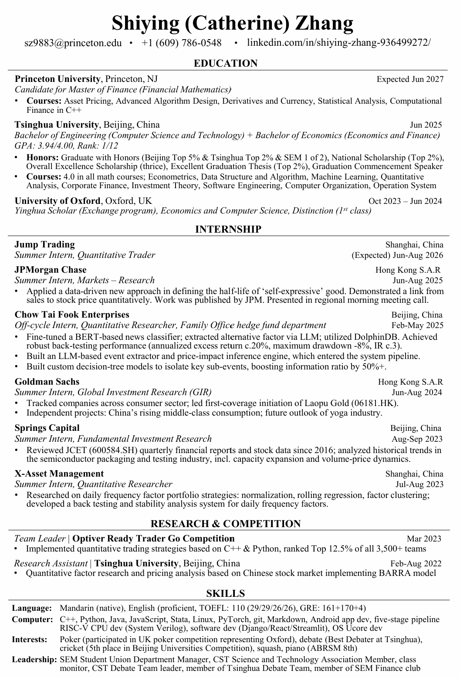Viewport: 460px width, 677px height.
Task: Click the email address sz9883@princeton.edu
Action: point(73,43)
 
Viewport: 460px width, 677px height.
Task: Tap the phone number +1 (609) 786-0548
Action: point(182,43)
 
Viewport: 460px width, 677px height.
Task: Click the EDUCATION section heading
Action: point(226,64)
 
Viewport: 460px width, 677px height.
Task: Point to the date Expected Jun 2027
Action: point(410,79)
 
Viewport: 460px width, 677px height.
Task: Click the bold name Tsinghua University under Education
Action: point(57,125)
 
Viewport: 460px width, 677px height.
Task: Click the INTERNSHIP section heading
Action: point(228,229)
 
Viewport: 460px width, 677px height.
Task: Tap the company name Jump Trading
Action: point(44,244)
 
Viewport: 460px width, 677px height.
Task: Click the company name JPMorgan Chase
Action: point(51,270)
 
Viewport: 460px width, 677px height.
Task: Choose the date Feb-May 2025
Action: point(417,325)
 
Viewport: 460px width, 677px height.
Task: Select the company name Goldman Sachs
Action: point(47,382)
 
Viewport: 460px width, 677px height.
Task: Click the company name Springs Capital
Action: point(47,428)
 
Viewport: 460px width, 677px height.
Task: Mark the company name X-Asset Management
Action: point(59,474)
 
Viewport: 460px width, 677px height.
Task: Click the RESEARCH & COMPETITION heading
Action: point(226,524)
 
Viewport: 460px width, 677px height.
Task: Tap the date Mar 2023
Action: point(424,539)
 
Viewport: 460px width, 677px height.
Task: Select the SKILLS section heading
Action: point(226,593)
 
